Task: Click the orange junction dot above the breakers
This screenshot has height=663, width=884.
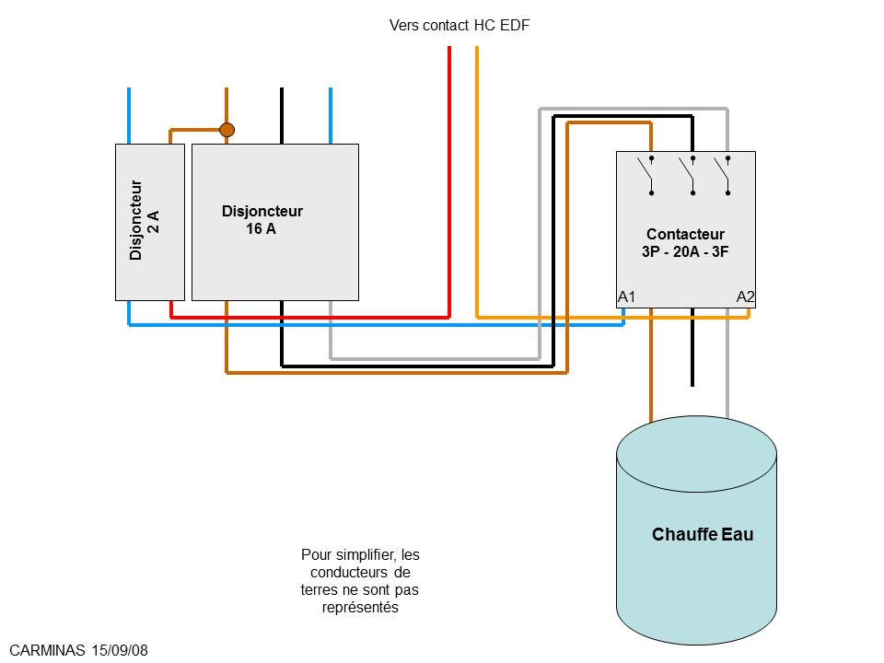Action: (227, 130)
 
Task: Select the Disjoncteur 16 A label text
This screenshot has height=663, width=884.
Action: (262, 220)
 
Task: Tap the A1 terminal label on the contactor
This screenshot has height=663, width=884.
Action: (627, 297)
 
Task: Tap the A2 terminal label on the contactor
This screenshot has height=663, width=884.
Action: (746, 297)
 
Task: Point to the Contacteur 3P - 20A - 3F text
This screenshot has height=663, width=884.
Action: (685, 242)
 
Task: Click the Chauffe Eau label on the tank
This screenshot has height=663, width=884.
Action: (703, 534)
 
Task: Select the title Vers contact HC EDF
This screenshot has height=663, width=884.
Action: (459, 25)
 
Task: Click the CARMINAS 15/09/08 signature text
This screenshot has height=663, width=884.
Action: (78, 650)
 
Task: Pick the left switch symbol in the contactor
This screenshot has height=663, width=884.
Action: (649, 175)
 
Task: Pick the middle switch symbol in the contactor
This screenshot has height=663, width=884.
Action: (689, 175)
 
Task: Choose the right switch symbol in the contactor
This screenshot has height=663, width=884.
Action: (725, 175)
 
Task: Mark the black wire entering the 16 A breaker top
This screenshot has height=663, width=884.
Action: (282, 115)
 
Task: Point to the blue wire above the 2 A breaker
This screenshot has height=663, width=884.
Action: (129, 115)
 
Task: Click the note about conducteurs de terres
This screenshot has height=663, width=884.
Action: (360, 581)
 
